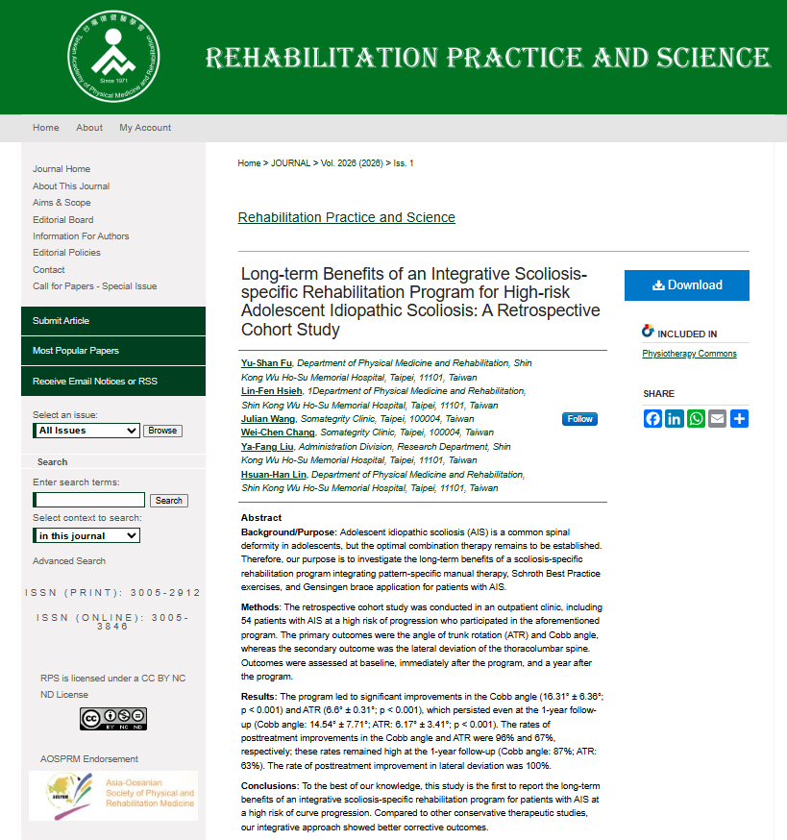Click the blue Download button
686,285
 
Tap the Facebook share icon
652,418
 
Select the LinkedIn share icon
674,418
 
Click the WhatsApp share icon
696,418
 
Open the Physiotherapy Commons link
689,354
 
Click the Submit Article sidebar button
113,321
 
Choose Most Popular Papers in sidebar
113,351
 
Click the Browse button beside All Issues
162,431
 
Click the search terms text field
89,500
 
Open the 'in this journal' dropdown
86,535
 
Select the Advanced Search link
69,561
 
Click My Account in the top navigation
145,128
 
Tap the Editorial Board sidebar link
62,219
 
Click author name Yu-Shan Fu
265,363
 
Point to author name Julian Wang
268,419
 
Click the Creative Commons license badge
113,719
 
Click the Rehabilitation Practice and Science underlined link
346,217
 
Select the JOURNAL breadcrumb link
290,163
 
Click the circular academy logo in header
113,57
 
